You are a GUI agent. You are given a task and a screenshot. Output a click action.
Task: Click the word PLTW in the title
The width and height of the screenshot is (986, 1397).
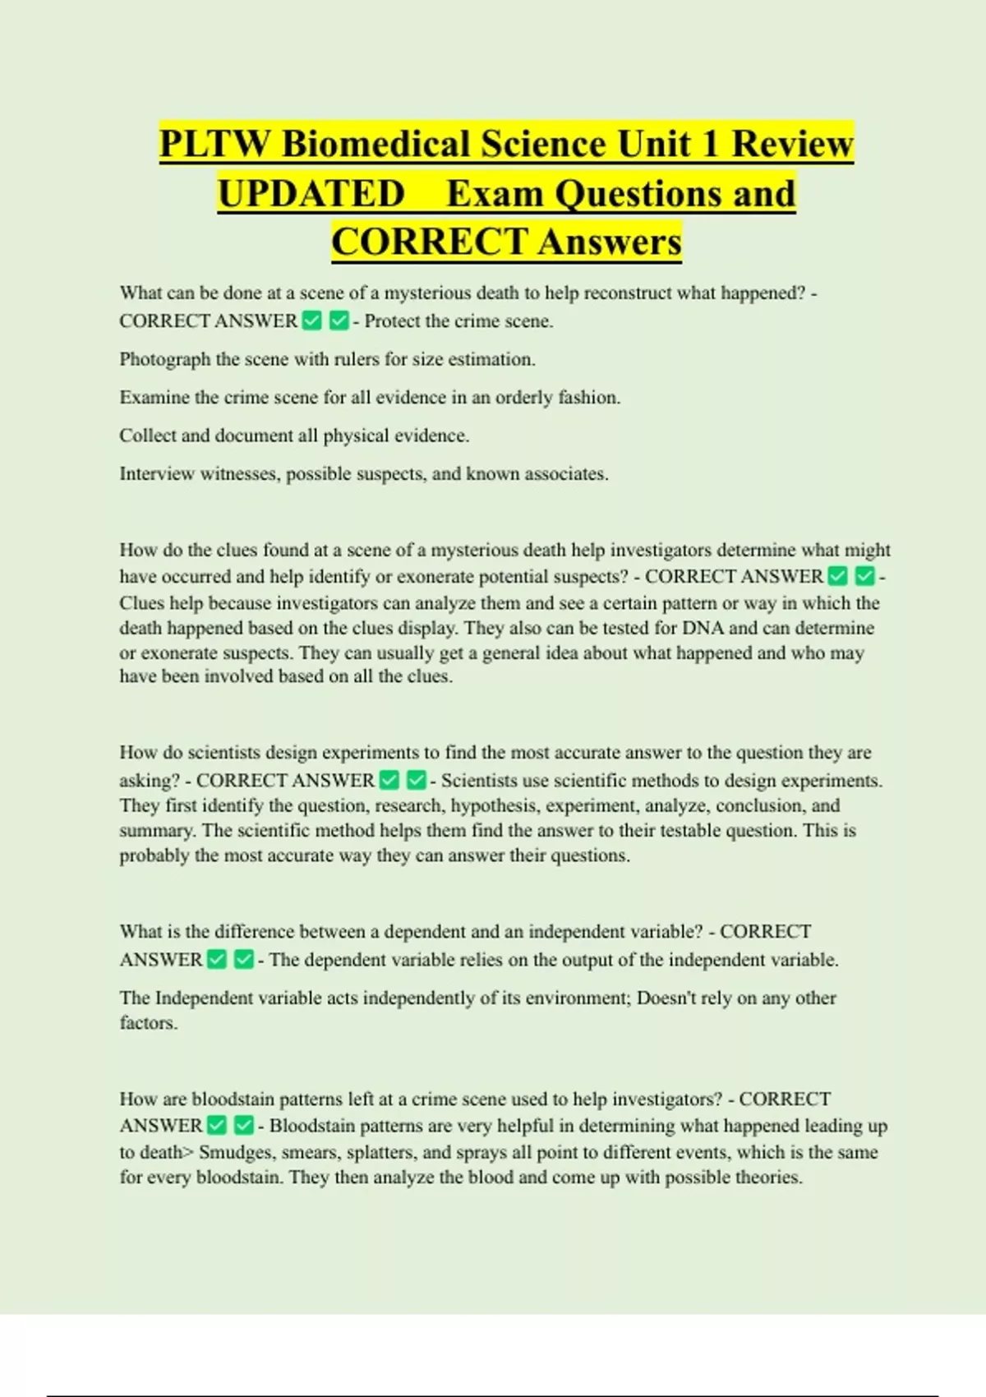click(214, 144)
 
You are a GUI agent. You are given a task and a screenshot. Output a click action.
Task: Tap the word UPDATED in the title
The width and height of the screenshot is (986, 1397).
click(311, 194)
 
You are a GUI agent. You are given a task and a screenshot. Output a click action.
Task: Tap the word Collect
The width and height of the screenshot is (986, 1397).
click(147, 436)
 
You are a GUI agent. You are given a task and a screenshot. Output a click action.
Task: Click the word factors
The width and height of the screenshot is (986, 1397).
click(148, 1024)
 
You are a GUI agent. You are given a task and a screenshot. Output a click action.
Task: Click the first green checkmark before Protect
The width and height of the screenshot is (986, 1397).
click(312, 320)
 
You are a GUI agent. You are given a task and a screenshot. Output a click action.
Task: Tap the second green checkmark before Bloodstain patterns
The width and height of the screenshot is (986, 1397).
click(244, 1125)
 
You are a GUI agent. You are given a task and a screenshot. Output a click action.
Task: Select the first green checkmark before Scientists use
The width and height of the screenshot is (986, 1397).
click(389, 780)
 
